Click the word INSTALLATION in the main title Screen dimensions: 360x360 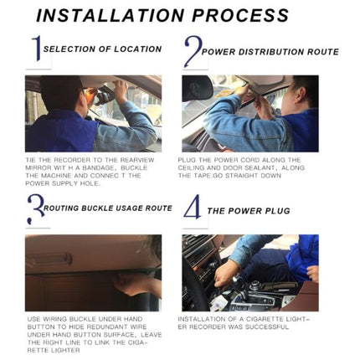click(110, 15)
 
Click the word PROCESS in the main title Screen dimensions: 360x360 click(240, 15)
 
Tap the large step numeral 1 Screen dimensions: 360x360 click(37, 48)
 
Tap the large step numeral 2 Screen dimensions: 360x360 click(193, 51)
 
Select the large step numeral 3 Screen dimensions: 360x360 click(36, 209)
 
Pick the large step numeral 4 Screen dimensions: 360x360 click(193, 207)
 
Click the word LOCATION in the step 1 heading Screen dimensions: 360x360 click(138, 49)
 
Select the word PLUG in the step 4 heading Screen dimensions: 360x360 click(278, 211)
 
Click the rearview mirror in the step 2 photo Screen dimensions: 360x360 click(198, 88)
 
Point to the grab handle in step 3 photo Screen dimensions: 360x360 click(52, 260)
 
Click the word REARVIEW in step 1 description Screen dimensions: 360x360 click(137, 160)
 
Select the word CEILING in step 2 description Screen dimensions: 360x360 click(191, 168)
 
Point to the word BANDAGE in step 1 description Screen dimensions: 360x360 click(97, 168)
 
